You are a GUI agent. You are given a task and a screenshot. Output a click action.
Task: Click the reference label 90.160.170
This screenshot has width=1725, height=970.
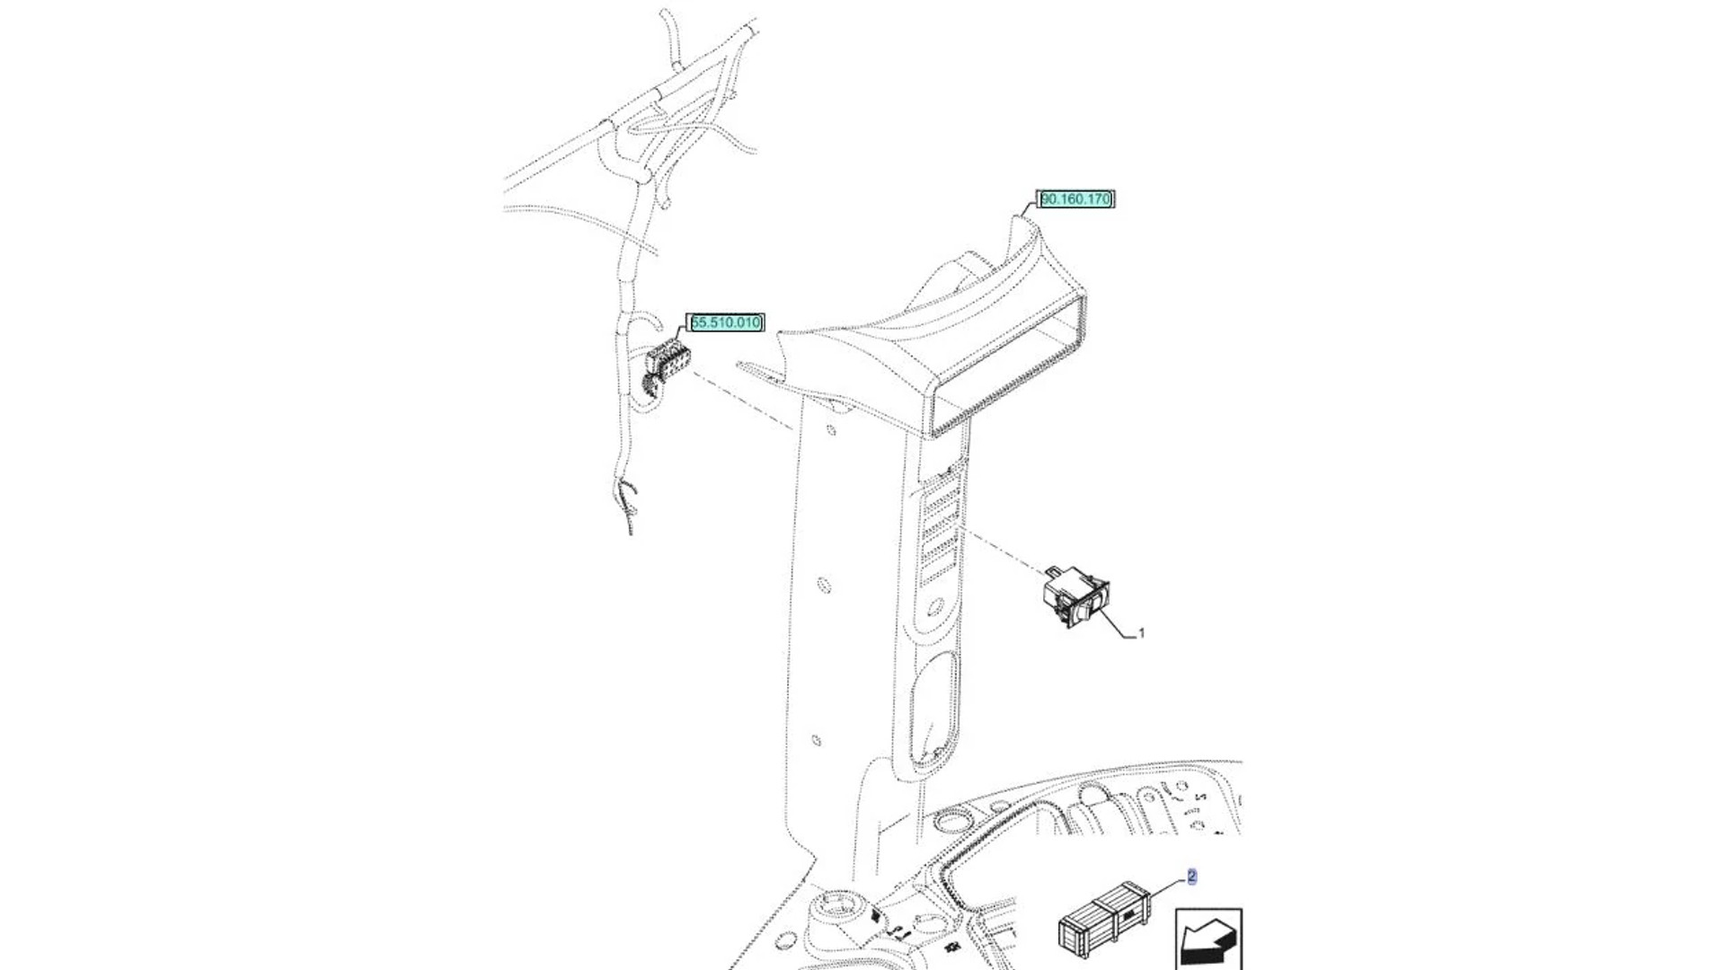1075,199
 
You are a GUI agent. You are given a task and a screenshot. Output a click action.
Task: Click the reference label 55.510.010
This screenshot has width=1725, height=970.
725,322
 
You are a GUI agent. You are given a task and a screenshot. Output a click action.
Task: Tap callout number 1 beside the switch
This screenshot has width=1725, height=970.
1141,633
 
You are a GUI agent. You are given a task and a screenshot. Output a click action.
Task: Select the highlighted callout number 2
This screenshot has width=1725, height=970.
1192,877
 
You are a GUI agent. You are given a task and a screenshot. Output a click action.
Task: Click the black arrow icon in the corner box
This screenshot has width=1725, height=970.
1208,943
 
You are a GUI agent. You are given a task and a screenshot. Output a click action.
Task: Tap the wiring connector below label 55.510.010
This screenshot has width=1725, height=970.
667,361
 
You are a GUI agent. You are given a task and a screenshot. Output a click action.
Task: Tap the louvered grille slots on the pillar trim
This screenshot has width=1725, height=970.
942,530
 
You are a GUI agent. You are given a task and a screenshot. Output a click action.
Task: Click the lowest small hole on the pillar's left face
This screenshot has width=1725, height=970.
816,741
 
